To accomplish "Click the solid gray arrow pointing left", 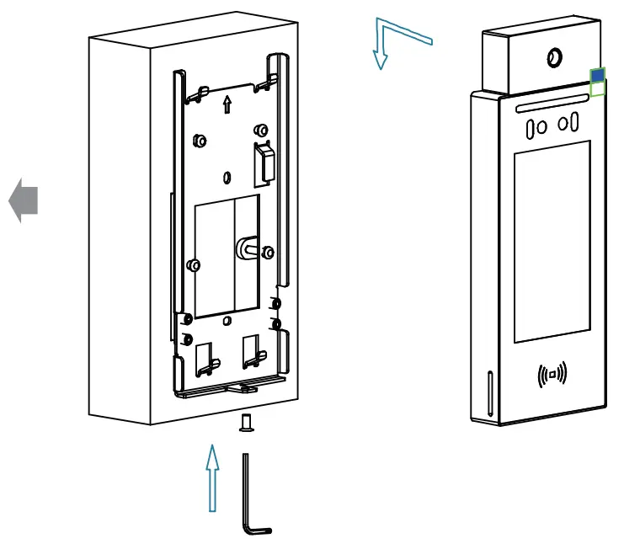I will pos(24,203).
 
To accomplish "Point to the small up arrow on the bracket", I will pos(226,104).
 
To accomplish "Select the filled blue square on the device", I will pos(597,77).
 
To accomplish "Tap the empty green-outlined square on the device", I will pos(597,89).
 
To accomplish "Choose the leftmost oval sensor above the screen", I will pos(531,129).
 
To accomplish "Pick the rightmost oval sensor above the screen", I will pos(574,123).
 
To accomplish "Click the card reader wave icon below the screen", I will pos(552,373).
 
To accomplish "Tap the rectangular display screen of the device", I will pos(552,243).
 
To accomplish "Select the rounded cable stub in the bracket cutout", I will pos(248,248).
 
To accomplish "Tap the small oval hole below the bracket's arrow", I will pos(227,178).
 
